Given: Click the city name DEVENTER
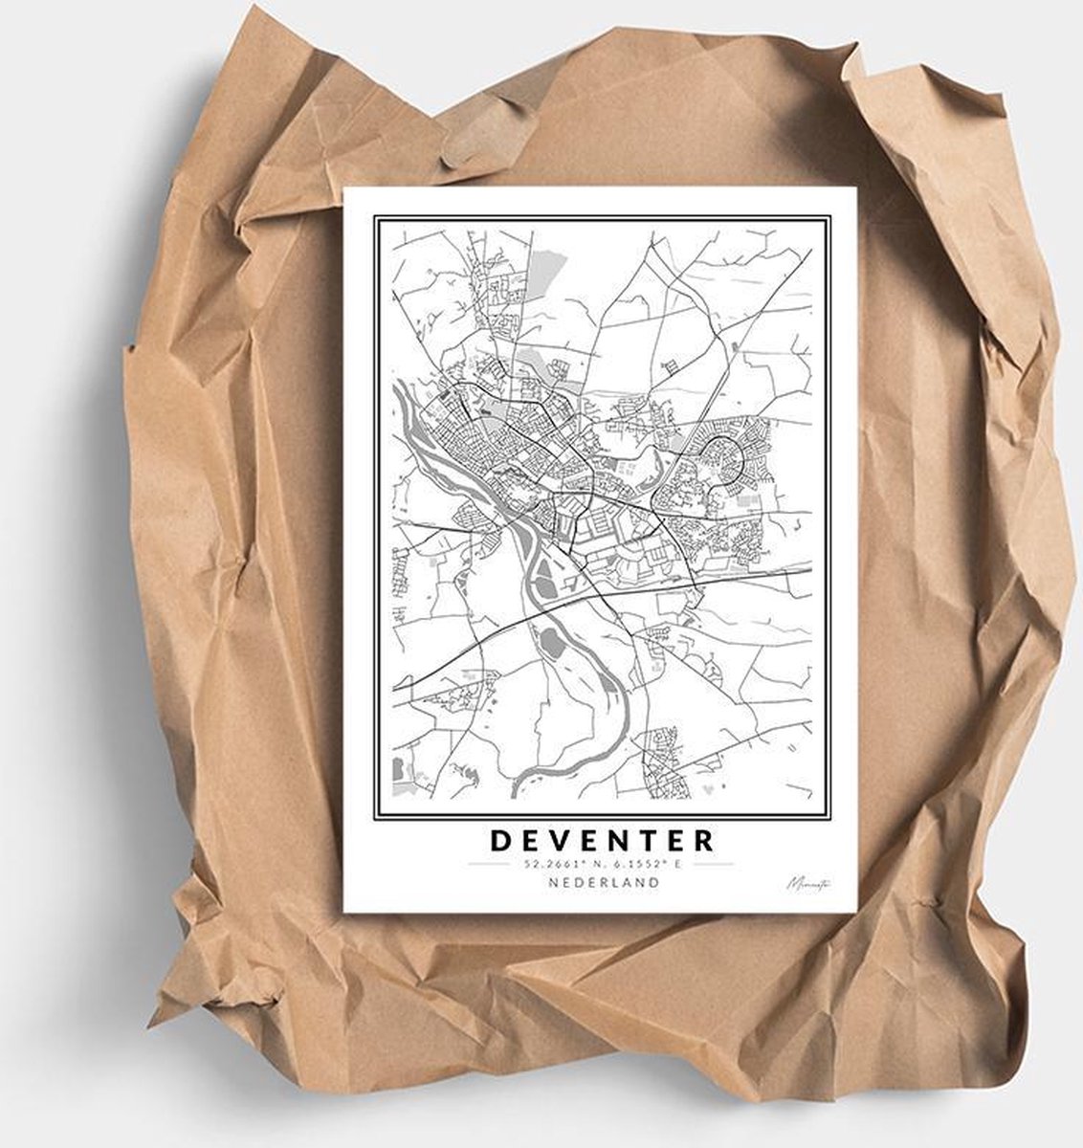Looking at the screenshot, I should coord(603,840).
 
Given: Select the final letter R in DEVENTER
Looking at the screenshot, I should coord(705,840).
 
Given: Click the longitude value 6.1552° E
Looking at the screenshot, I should coord(643,864).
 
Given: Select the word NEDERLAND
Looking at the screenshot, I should coord(603,882).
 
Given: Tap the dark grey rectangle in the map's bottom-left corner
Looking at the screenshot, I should coord(398,767).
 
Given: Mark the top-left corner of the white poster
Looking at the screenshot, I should coord(344,188).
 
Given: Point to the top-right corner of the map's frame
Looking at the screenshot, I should coord(829,216).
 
